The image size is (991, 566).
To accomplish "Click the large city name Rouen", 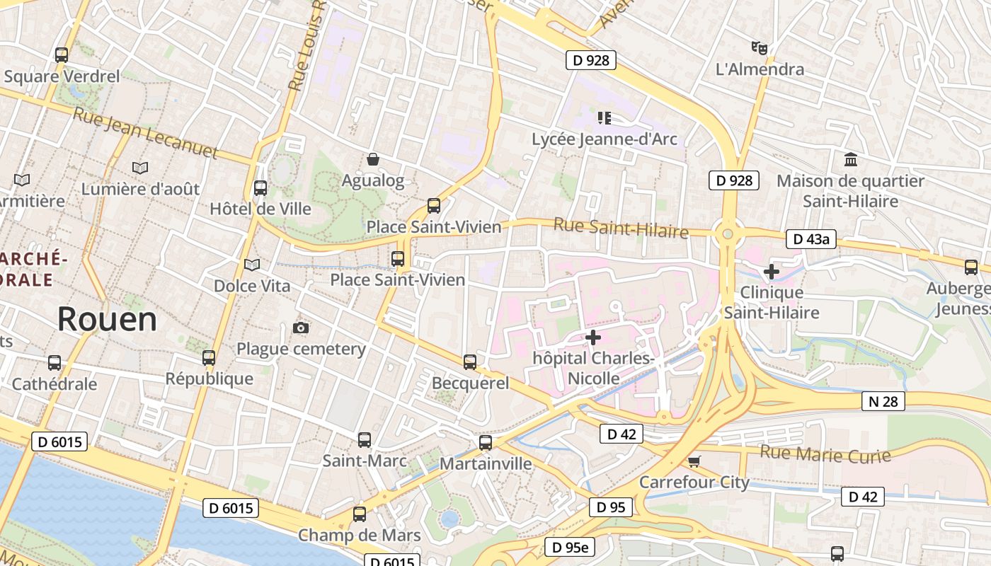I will coord(107,320).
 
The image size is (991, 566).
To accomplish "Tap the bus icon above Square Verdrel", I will coord(62,54).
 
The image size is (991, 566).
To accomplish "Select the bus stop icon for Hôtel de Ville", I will coord(260,188).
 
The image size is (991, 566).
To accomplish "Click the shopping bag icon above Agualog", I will coord(372,160).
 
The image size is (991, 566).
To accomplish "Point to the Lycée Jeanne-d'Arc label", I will coord(604,139).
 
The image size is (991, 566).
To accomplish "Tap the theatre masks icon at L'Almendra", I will coord(760,48).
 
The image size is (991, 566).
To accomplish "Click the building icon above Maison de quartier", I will coord(850,160).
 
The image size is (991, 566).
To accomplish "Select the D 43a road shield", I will coord(810,239).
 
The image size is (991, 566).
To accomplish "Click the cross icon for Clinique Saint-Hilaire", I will coord(771,271).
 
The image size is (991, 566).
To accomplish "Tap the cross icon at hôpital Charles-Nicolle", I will coord(592,337).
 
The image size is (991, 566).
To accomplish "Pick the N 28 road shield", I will coord(883,402).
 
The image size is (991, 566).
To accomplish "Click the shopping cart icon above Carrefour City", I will coord(694,461).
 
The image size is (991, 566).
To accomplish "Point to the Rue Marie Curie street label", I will coord(825,454).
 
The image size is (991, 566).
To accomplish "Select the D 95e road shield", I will coord(570,547).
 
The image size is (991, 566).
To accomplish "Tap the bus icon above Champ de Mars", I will coord(360,514).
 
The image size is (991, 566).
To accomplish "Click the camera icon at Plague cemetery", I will coord(301,328).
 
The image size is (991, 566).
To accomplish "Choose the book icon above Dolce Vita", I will coord(252,265).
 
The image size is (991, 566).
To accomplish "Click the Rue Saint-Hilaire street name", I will coord(621,228).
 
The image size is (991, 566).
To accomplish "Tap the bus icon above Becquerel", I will coord(469,362).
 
